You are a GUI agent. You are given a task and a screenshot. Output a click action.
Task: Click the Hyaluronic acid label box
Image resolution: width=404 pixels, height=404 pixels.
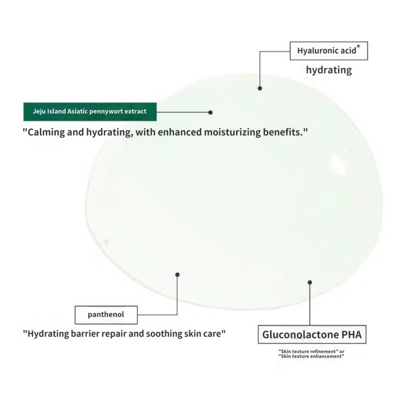pos(329,51)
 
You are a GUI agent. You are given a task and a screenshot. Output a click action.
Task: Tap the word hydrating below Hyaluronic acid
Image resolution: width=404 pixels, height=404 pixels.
pos(329,70)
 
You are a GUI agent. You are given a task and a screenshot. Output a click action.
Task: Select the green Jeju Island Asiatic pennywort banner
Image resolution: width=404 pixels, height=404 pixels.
pos(90,112)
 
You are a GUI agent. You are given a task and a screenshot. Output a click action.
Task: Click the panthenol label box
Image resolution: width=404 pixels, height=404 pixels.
pos(106,314)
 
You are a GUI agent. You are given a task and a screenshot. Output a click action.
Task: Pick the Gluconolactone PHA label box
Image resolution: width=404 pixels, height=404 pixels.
pos(312,335)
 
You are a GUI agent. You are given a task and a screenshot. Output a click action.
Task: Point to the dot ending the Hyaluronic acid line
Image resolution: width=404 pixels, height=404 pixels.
pos(260,88)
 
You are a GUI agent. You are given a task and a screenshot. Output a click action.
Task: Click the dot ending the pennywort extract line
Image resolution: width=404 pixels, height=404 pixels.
pos(210,112)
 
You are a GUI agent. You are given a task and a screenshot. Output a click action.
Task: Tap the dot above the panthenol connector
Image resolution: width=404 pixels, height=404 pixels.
pos(178,274)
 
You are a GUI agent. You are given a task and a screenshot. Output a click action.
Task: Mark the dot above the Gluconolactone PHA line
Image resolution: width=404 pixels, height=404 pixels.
pos(310,282)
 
